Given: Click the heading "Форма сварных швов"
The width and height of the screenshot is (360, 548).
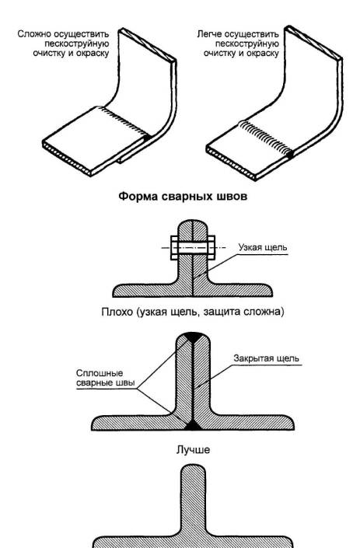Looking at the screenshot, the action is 183,196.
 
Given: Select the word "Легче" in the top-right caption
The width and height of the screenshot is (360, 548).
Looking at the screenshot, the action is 209,34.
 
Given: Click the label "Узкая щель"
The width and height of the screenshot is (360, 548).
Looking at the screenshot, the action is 263,247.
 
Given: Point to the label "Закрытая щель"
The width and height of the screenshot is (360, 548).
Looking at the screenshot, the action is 267,358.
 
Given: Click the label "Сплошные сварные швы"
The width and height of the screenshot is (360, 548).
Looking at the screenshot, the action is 105,378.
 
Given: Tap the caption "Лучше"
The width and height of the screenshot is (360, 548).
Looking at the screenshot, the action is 193,449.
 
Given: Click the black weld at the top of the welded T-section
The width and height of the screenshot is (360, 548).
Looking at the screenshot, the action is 193,337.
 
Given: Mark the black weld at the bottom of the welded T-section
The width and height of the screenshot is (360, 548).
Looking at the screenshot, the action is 193,426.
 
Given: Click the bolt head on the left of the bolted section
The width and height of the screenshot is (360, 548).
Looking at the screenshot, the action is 174,248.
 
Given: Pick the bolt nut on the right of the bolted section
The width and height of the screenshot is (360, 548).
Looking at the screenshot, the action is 211,248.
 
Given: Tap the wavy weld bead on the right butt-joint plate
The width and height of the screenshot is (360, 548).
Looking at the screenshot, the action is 266,138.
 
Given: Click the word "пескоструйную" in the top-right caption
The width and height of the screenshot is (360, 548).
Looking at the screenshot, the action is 246,44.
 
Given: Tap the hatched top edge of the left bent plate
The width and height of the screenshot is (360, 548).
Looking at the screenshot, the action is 148,45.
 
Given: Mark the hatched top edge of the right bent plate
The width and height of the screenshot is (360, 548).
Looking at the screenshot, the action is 314,43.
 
